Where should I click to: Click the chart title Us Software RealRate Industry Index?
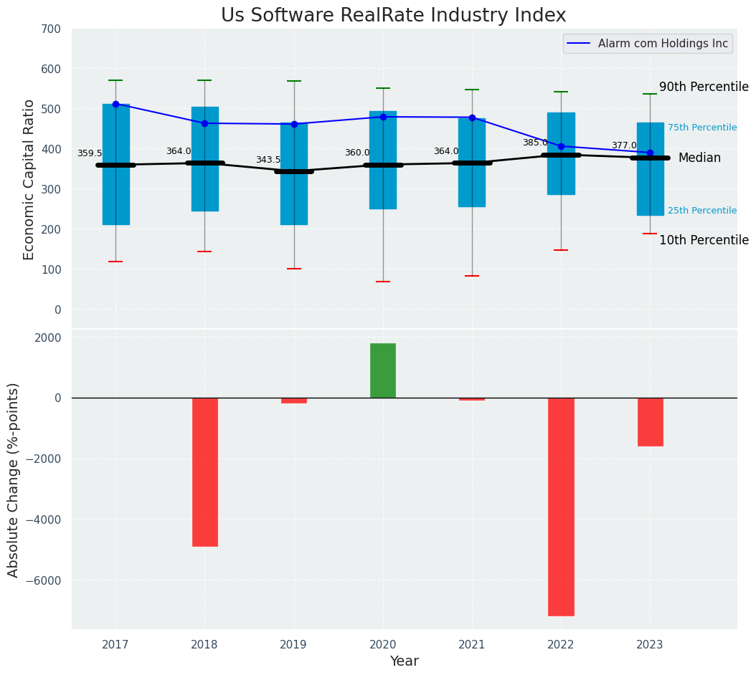click(x=393, y=16)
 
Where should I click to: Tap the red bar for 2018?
click(x=204, y=471)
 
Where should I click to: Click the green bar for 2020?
click(x=383, y=370)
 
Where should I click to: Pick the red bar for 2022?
click(x=561, y=506)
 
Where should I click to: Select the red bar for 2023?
click(x=650, y=421)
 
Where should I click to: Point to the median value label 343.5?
click(x=268, y=160)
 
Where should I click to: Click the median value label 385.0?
click(x=535, y=143)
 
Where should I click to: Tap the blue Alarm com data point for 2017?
click(x=115, y=104)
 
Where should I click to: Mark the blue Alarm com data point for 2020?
click(x=383, y=117)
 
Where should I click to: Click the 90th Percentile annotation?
click(x=704, y=87)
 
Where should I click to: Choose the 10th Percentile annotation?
click(x=704, y=240)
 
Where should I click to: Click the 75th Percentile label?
click(x=702, y=128)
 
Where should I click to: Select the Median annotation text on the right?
click(x=699, y=158)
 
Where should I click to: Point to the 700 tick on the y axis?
click(x=52, y=29)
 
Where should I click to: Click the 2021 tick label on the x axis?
click(x=472, y=644)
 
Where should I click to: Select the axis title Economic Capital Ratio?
click(x=29, y=179)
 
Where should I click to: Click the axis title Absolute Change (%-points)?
click(x=14, y=479)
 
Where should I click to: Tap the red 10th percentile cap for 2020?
click(x=383, y=282)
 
